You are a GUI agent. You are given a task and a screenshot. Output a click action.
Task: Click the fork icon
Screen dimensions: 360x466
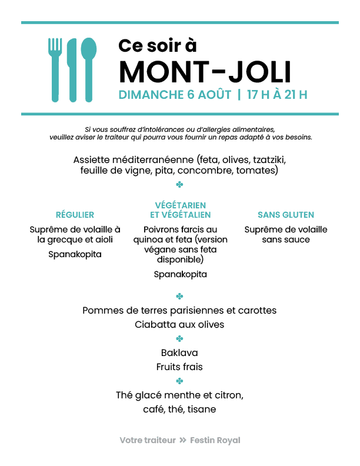click(x=55, y=70)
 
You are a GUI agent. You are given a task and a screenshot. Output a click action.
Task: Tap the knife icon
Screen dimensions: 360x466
click(x=72, y=70)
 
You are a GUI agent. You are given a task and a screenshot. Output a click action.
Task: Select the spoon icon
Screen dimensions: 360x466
click(x=88, y=70)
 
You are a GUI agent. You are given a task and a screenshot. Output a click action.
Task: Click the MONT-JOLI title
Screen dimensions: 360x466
click(x=205, y=72)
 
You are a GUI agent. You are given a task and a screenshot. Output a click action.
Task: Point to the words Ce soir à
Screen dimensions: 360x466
click(x=158, y=45)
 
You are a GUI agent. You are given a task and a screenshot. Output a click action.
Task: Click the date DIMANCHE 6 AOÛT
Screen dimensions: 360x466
click(x=175, y=95)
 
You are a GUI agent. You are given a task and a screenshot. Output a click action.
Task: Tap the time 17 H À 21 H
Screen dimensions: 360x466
click(x=277, y=95)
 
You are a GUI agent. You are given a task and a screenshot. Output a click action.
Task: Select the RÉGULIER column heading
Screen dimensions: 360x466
click(x=75, y=215)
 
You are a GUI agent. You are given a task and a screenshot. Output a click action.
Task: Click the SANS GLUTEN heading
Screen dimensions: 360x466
click(x=286, y=215)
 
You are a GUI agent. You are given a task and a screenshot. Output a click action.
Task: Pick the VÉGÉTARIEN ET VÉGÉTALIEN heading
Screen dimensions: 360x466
click(x=181, y=210)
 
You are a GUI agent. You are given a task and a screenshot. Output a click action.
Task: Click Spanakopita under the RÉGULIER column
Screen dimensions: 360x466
click(x=75, y=254)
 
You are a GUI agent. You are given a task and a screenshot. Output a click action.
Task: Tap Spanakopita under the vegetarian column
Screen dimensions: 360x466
click(x=181, y=274)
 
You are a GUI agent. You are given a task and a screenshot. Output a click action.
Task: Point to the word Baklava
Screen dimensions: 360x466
click(x=179, y=353)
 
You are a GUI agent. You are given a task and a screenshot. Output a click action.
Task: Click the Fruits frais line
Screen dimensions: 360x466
click(x=179, y=367)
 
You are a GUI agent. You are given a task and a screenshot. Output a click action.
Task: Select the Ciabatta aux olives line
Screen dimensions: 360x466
click(x=179, y=325)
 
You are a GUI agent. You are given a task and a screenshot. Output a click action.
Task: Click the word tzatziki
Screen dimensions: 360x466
click(x=269, y=160)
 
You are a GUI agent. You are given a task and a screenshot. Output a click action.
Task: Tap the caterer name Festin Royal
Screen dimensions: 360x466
click(x=215, y=440)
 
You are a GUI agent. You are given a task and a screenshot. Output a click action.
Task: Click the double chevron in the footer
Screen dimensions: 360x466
click(x=183, y=440)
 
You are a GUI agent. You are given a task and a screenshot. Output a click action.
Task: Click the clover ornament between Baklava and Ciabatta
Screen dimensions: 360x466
click(x=179, y=338)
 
